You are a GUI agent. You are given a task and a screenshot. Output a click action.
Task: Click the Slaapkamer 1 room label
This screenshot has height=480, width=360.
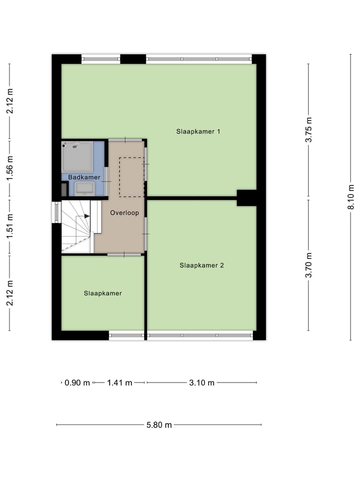(x=198, y=131)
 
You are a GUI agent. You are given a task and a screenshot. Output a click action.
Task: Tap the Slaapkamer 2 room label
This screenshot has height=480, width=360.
(x=201, y=265)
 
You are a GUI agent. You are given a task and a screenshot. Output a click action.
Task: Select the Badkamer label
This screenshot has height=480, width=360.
(x=81, y=177)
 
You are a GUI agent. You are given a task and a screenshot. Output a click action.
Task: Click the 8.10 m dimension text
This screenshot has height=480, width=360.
(x=350, y=197)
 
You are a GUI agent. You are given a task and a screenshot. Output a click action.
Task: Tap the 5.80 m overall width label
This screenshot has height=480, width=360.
(x=159, y=425)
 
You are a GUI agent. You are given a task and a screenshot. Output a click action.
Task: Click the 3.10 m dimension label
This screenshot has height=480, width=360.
(x=201, y=383)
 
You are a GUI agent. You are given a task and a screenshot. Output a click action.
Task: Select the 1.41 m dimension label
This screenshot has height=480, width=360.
(x=119, y=383)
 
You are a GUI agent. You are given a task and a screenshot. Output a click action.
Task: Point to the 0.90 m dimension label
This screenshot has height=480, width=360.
(x=77, y=383)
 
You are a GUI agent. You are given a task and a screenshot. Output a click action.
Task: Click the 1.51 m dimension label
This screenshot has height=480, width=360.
(x=9, y=226)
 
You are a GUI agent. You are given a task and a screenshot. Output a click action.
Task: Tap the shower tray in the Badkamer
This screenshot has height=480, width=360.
(x=77, y=156)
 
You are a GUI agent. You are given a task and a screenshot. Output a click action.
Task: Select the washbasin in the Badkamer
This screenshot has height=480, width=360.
(x=84, y=188)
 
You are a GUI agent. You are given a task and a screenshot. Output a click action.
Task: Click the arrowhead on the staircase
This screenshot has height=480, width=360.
(x=87, y=216)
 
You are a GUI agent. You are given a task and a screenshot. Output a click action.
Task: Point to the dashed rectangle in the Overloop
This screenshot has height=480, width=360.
(x=131, y=177)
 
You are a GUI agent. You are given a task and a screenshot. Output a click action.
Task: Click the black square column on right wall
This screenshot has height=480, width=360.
(x=246, y=198)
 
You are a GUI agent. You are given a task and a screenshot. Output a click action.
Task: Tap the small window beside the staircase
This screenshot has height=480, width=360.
(x=56, y=212)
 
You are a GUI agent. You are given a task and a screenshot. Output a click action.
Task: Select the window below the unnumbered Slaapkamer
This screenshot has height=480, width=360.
(x=126, y=335)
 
